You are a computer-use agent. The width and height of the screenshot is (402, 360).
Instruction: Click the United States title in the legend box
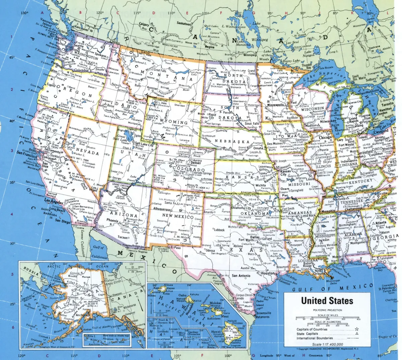(327, 301)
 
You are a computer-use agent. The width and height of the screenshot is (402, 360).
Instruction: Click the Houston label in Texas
(268, 273)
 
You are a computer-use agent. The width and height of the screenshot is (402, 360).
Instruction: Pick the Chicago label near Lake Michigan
(325, 137)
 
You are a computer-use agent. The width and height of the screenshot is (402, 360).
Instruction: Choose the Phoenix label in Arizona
(113, 220)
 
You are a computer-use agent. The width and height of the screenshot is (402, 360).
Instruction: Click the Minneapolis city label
(276, 105)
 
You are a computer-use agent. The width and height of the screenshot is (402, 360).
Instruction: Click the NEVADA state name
(88, 153)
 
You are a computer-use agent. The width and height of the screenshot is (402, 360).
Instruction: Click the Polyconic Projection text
(328, 310)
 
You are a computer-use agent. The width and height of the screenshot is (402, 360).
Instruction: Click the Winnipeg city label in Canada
(250, 55)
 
